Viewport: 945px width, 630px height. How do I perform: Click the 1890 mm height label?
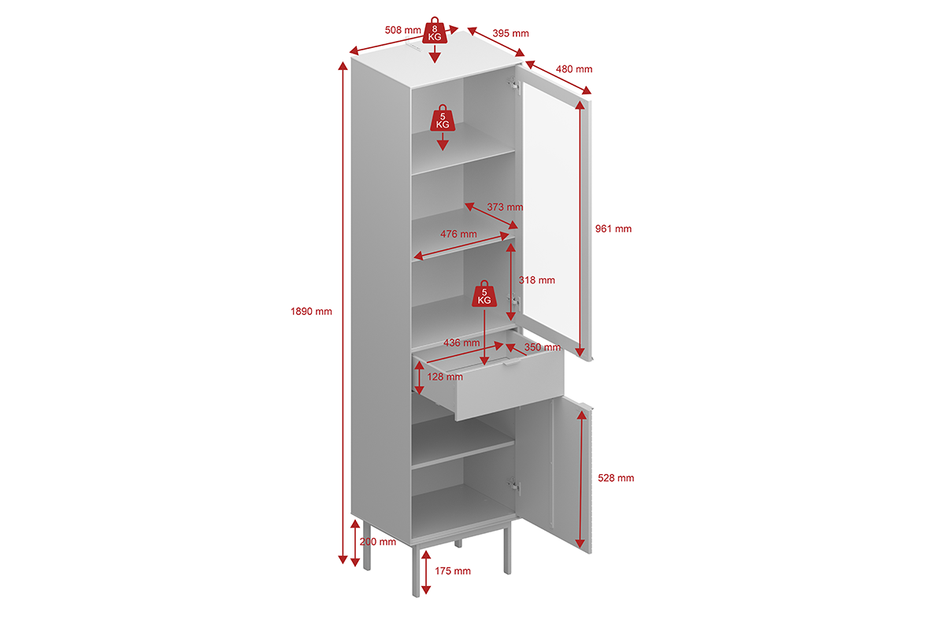coord(311,311)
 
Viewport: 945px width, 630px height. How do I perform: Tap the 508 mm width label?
coord(403,30)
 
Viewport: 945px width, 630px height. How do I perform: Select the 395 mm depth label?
coord(510,33)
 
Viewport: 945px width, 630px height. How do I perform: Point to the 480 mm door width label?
coord(573,69)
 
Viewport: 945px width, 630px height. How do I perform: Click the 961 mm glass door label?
coord(613,229)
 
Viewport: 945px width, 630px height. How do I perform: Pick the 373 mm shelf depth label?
coord(505,207)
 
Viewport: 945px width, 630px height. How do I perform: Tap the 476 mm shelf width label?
coord(458,234)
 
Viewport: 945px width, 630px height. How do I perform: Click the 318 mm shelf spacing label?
coord(536,280)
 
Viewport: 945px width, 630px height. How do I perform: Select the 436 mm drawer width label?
coord(461,343)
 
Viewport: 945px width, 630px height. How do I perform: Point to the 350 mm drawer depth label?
coord(542,347)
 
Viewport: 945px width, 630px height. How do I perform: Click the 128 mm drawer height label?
coord(445,377)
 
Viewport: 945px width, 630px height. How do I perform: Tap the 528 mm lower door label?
coord(615,478)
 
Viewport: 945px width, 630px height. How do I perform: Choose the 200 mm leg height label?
coord(377,542)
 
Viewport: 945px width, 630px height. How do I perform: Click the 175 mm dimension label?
coord(452,571)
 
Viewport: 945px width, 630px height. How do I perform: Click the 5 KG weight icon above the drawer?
coord(484,295)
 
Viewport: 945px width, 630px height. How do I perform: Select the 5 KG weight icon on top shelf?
coord(443,119)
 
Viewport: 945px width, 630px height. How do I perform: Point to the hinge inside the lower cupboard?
coord(515,487)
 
